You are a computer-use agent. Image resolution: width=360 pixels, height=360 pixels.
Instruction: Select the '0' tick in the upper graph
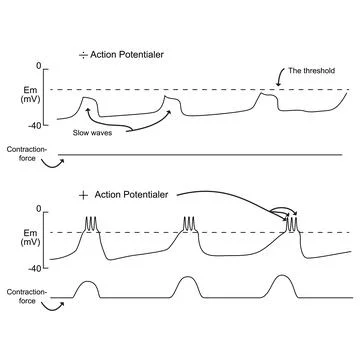pyautogui.click(x=39, y=66)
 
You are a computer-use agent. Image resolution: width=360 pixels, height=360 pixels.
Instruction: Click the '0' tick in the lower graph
pyautogui.click(x=39, y=209)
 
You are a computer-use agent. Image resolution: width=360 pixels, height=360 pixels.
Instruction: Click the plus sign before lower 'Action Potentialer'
pyautogui.click(x=83, y=194)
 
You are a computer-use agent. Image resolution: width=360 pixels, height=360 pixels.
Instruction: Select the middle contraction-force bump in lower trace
pyautogui.click(x=187, y=287)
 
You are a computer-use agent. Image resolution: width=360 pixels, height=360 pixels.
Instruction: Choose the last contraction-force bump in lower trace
pyautogui.click(x=280, y=287)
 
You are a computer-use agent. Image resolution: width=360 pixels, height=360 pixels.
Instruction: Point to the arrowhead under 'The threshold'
pyautogui.click(x=292, y=87)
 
